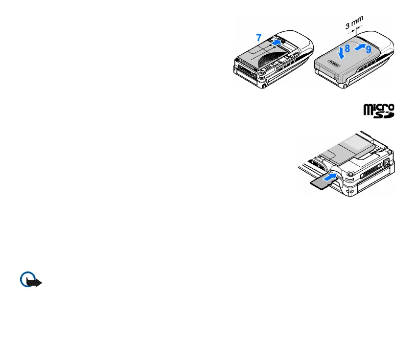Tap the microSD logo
[x=378, y=110]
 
